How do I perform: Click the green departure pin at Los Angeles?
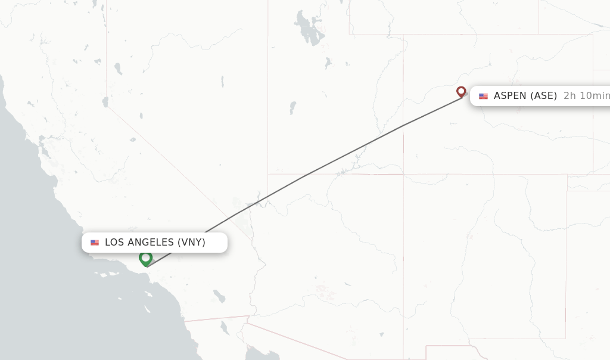[145, 258]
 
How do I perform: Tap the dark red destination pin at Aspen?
[461, 91]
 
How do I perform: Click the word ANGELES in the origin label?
[147, 242]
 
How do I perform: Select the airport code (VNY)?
[191, 242]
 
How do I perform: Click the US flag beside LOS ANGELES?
[95, 243]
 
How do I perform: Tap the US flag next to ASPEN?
[483, 96]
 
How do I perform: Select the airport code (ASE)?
[544, 96]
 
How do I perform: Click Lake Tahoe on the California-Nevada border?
[105, 102]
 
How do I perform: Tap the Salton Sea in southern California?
[219, 296]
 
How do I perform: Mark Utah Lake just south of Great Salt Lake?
[328, 62]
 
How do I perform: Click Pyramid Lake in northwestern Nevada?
[118, 69]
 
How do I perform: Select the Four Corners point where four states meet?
[403, 175]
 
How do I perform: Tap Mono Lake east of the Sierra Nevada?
[132, 139]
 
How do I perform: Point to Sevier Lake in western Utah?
[292, 108]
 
